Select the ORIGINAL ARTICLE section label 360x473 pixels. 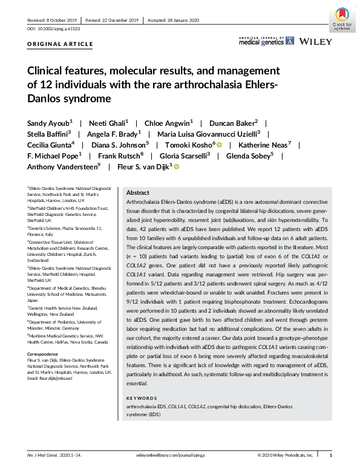click(x=61, y=44)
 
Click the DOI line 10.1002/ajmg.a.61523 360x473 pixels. click(x=54, y=28)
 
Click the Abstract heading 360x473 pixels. click(x=138, y=191)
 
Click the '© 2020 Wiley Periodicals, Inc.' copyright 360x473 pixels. click(x=286, y=454)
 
